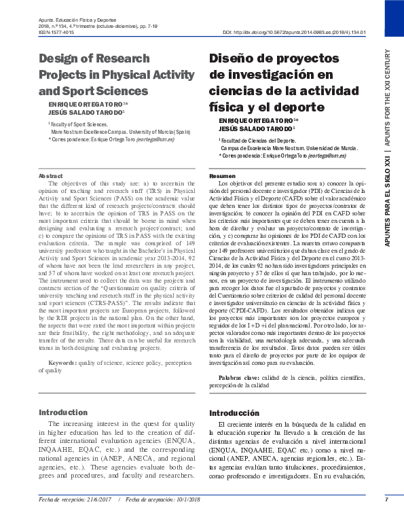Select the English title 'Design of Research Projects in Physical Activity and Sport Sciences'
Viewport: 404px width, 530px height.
point(103,74)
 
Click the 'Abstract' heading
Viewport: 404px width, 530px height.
point(51,176)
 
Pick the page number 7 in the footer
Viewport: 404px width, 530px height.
point(386,499)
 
